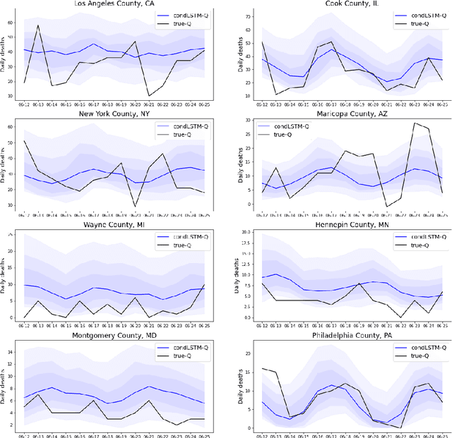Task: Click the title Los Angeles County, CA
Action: click(x=117, y=3)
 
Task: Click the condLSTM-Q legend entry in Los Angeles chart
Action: click(x=185, y=15)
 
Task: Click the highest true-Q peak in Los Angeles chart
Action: click(x=38, y=25)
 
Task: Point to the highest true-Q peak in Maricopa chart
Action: click(x=414, y=123)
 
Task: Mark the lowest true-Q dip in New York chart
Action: click(x=134, y=206)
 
